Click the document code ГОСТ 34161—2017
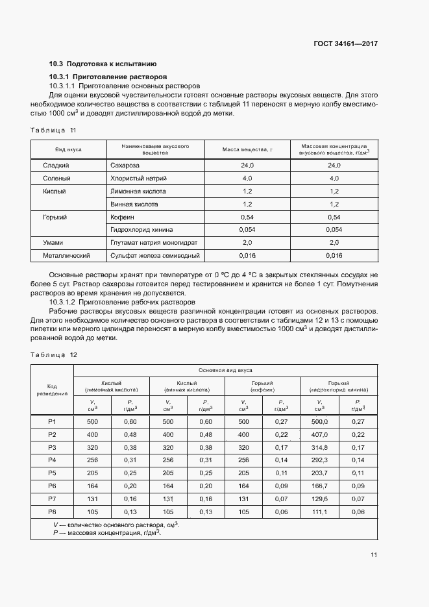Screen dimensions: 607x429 345,43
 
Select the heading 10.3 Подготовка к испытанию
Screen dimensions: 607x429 103,64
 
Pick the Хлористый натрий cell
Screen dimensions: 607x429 139,178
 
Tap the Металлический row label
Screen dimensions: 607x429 65,255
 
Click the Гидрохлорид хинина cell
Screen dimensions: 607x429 145,229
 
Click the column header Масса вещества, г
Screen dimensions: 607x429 247,149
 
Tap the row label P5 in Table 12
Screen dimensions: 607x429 53,472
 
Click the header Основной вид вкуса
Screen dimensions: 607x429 225,369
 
